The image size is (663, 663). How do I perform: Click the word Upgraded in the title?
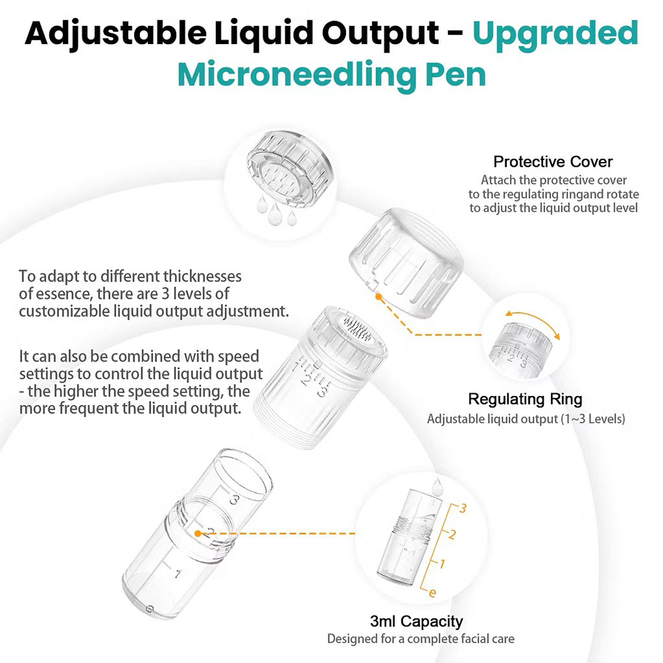pos(555,34)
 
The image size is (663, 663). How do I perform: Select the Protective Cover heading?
pos(553,162)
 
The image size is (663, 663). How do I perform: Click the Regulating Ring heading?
pos(525,399)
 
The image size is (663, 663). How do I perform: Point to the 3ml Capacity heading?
pos(416,621)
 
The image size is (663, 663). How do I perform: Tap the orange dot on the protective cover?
pos(379,297)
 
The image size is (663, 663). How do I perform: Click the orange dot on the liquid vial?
pos(198,533)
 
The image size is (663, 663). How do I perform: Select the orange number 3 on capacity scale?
pos(463,508)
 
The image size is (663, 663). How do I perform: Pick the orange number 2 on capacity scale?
pos(452,535)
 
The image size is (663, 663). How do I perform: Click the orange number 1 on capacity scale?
pos(442,564)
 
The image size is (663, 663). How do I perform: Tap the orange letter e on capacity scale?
pos(432,593)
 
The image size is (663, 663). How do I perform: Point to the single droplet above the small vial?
pos(437,486)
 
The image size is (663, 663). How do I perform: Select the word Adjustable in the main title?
pos(116,34)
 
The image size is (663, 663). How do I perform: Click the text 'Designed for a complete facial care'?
pos(421,638)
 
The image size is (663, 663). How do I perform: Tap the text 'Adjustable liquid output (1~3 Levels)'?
pos(526,419)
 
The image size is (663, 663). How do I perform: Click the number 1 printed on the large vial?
pos(178,574)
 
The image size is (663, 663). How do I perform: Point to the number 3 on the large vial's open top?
pos(234,500)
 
